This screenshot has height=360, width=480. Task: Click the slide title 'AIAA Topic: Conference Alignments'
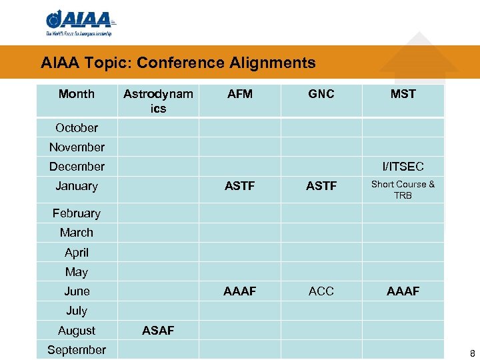click(x=178, y=63)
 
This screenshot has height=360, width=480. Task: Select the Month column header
click(x=77, y=94)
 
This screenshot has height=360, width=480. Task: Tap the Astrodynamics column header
click(x=158, y=101)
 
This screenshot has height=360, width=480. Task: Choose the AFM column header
click(x=240, y=94)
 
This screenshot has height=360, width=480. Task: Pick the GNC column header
click(x=321, y=94)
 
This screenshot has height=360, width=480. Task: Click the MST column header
click(x=403, y=94)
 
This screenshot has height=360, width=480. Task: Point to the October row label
click(x=77, y=127)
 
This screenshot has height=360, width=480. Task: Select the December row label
click(x=77, y=167)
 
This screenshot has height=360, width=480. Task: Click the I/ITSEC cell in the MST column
click(x=403, y=167)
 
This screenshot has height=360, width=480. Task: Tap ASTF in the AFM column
click(x=240, y=186)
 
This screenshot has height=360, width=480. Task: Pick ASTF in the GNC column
click(x=321, y=186)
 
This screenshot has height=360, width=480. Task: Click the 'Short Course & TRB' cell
click(x=403, y=189)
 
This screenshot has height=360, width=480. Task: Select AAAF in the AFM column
click(x=240, y=291)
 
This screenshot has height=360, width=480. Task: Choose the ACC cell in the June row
click(x=321, y=291)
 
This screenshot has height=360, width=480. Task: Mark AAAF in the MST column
click(x=403, y=291)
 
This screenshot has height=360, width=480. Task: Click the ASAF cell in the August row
click(x=158, y=330)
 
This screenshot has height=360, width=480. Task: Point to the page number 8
click(x=472, y=353)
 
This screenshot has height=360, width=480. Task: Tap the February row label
click(x=77, y=213)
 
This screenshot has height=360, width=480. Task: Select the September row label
click(x=77, y=349)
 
